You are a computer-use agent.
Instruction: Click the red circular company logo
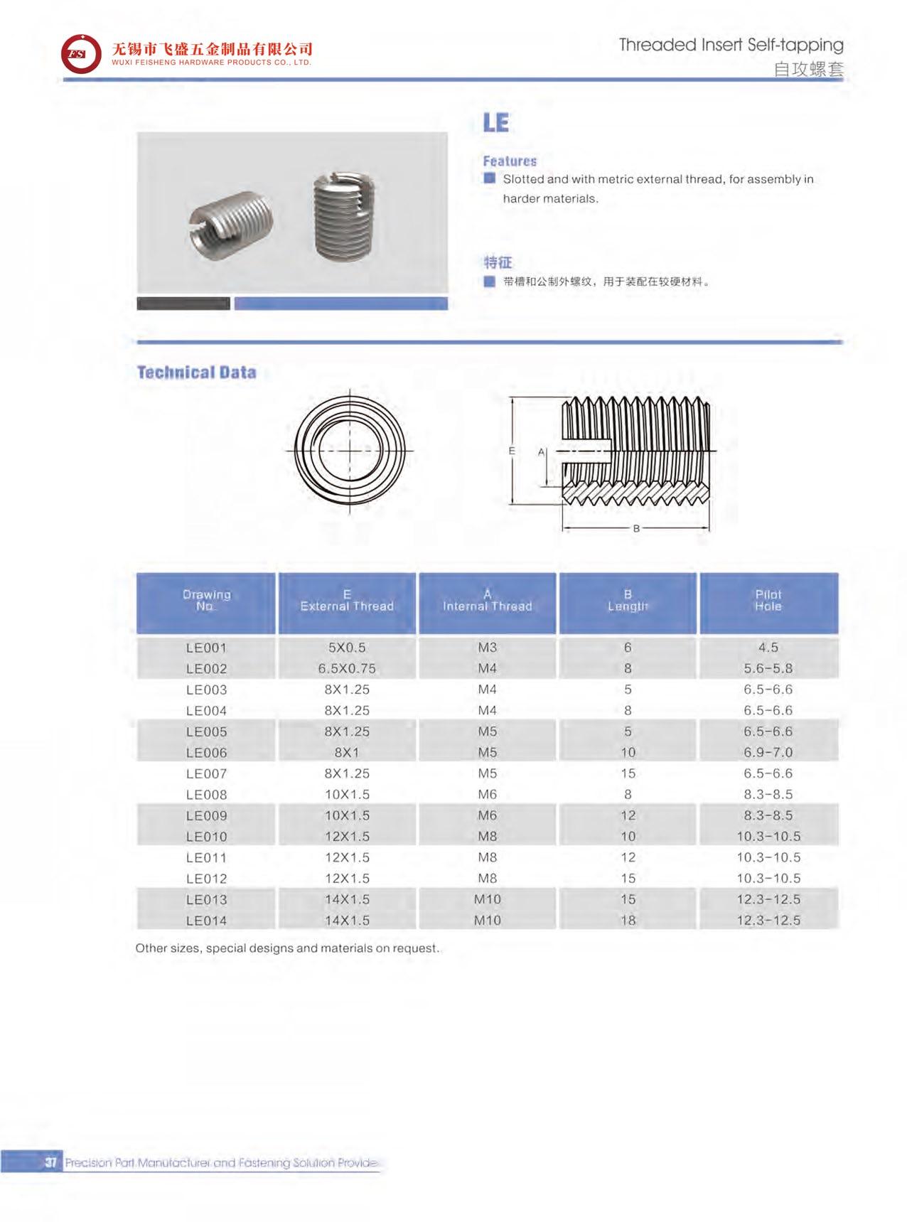point(80,54)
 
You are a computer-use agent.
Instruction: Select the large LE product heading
point(495,123)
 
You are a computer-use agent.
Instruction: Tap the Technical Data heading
point(196,373)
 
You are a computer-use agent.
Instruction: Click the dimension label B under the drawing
point(636,528)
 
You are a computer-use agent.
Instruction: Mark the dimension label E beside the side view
point(512,451)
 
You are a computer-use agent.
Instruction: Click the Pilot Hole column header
point(768,601)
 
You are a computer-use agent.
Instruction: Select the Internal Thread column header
point(487,601)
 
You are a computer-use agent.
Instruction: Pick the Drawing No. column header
point(206,601)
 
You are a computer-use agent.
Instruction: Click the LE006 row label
point(206,752)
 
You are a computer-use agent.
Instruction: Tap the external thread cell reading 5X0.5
point(347,648)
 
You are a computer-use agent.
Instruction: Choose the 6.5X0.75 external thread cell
point(347,668)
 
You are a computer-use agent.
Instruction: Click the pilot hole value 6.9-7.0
point(768,752)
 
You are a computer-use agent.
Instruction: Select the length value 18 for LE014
point(628,920)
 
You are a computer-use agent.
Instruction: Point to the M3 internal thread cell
point(487,648)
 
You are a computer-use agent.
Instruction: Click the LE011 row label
point(206,857)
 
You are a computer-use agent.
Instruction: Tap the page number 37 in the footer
point(50,1163)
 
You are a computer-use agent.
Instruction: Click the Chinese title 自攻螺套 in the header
point(808,70)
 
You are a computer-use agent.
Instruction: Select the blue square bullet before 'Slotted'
point(489,178)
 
